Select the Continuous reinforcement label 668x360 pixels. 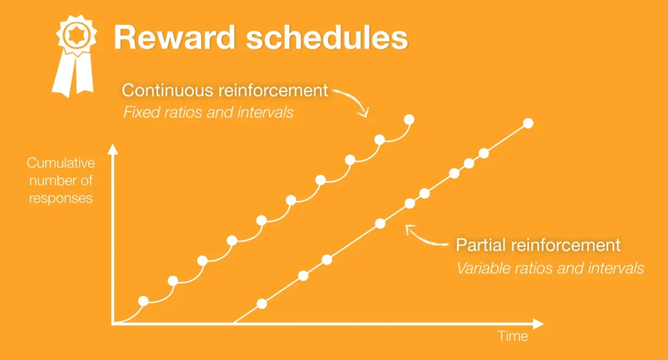click(x=224, y=90)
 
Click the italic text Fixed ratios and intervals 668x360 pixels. click(x=208, y=112)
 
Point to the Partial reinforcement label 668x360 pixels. click(x=538, y=245)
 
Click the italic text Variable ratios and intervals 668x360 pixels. click(x=550, y=267)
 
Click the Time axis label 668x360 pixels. click(x=513, y=337)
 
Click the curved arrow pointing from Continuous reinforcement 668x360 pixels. click(x=352, y=100)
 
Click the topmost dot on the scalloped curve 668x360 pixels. click(x=409, y=119)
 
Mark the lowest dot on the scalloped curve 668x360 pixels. click(x=144, y=301)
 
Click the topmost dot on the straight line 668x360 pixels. click(x=528, y=123)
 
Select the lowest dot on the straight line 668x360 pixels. click(x=262, y=303)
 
